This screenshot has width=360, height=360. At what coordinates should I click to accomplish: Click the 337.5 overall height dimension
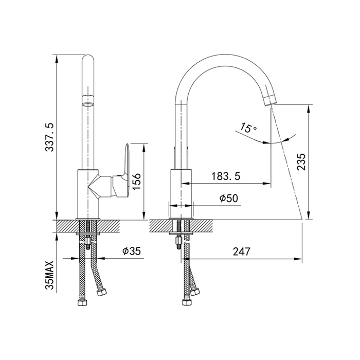click(49, 137)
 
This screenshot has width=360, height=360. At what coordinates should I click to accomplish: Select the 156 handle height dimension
click(136, 182)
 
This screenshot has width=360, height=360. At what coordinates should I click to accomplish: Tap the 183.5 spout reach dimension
click(225, 176)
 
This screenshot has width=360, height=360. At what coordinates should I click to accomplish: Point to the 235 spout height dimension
click(301, 162)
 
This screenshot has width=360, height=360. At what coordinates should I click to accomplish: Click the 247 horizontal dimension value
click(242, 251)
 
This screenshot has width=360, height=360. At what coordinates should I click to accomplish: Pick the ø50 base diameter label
click(229, 199)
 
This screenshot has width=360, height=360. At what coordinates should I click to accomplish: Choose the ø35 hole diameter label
click(131, 251)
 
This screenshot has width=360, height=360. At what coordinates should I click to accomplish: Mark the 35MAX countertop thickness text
click(49, 275)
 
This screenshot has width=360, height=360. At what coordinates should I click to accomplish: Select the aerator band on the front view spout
click(88, 101)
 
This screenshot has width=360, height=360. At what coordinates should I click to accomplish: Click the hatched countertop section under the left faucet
click(87, 226)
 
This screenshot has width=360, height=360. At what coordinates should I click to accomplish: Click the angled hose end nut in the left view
click(101, 292)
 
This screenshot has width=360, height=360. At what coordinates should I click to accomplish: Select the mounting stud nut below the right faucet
click(178, 241)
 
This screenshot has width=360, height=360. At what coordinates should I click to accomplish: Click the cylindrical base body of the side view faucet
click(181, 193)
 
